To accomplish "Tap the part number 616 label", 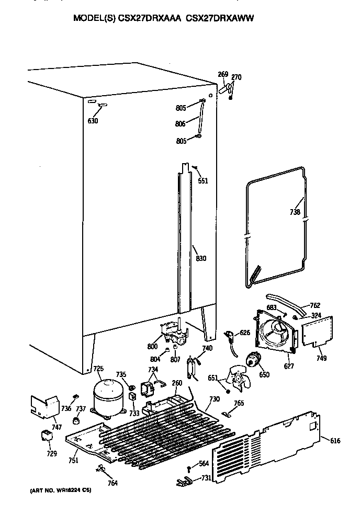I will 335,441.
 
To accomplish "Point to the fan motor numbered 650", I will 254,361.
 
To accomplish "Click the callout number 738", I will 295,212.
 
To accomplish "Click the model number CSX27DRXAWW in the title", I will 223,17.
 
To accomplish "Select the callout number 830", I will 201,258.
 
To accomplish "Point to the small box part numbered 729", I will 48,435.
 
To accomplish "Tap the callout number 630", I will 93,121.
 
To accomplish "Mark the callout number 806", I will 180,124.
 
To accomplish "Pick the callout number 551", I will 203,181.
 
